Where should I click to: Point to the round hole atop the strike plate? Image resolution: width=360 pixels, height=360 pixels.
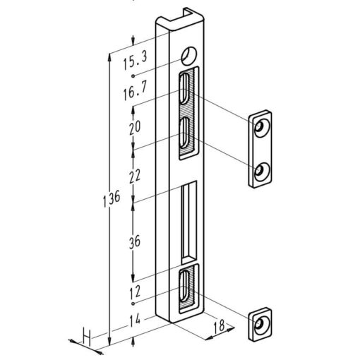[188, 55]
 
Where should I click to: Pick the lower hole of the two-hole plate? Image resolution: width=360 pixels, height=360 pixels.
[261, 169]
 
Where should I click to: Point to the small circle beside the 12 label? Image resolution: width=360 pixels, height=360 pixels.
[133, 302]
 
